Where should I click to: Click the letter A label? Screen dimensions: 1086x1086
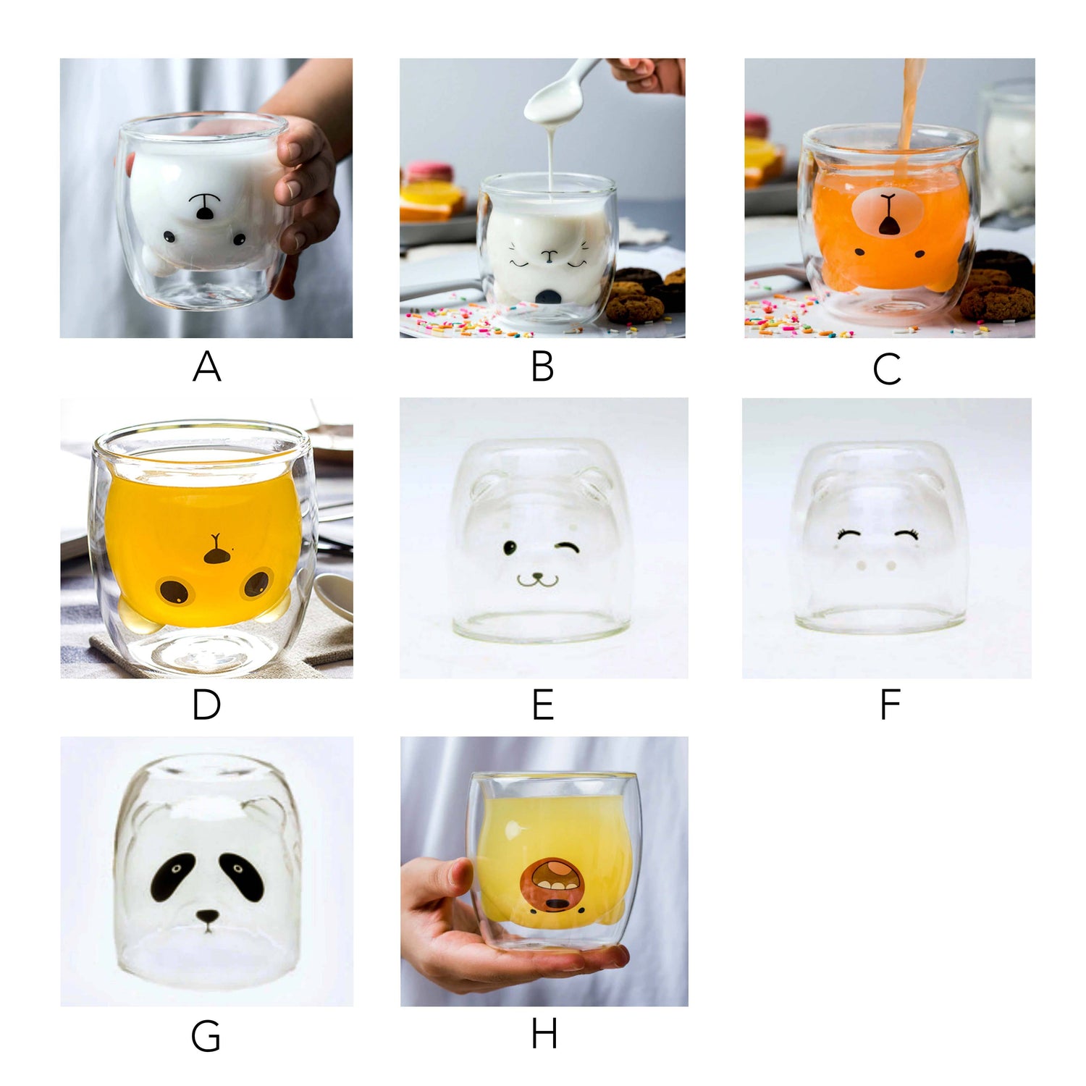(x=206, y=366)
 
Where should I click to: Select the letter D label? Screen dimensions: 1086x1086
(x=206, y=704)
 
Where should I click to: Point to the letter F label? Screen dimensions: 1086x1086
(x=890, y=704)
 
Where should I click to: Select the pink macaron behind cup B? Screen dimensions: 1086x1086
(x=429, y=172)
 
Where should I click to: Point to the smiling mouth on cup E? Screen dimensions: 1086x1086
(x=538, y=579)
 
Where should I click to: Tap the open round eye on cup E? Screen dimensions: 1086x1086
(x=510, y=548)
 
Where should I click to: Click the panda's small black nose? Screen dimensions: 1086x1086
(x=208, y=917)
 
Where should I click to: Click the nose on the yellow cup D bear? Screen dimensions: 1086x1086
(x=216, y=556)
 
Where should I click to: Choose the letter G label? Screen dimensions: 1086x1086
(x=206, y=1036)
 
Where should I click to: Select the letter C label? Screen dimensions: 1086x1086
(x=887, y=369)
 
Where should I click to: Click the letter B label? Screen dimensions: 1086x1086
(x=542, y=366)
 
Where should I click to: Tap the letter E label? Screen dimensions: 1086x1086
(x=543, y=704)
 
